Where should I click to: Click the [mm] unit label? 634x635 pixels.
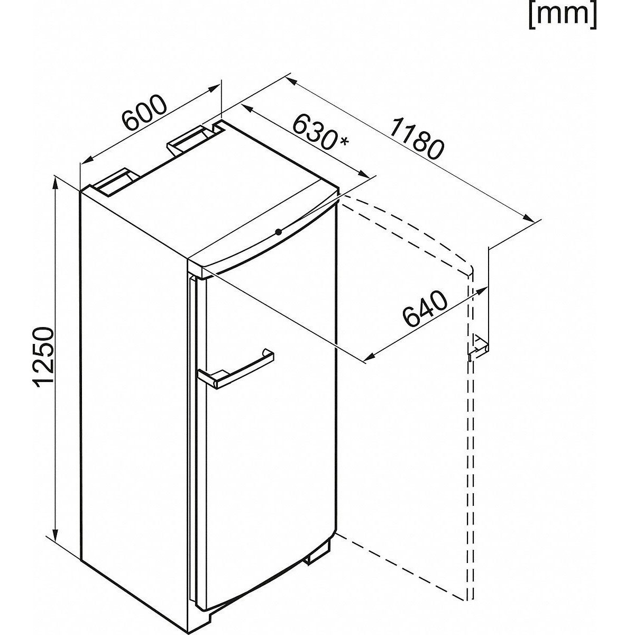(x=563, y=16)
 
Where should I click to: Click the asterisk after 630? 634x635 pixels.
(x=344, y=142)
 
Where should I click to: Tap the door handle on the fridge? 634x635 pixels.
(x=235, y=371)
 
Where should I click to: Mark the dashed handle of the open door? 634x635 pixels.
(x=477, y=347)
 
